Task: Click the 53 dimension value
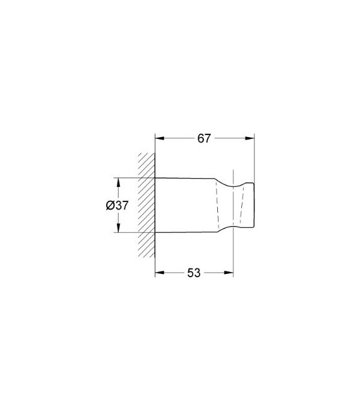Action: [x=193, y=273]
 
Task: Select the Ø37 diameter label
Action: [x=118, y=206]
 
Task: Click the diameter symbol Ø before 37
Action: [x=111, y=206]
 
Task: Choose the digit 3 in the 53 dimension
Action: [x=197, y=273]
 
